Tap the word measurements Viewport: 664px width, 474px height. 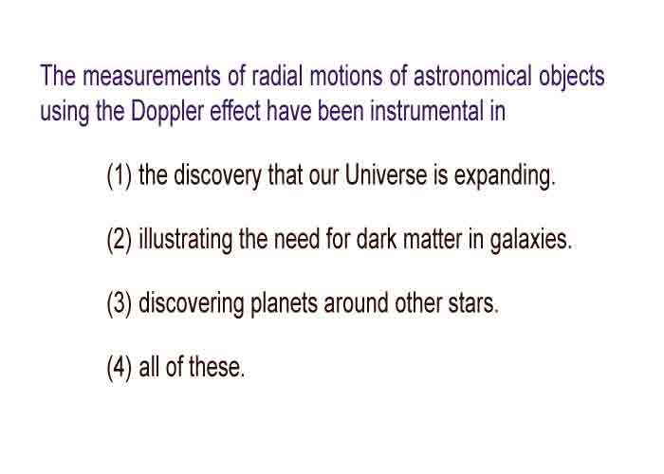tap(152, 76)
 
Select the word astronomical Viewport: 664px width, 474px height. tap(472, 76)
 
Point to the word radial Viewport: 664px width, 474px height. tap(277, 76)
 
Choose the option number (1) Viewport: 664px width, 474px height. tap(120, 175)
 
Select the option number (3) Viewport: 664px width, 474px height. tap(120, 303)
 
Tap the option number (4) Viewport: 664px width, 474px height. tap(120, 367)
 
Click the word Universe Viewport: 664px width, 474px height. tap(386, 174)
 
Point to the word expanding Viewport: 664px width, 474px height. tap(505, 176)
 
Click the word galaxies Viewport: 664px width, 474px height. tap(530, 240)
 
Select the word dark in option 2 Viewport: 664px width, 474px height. tap(377, 239)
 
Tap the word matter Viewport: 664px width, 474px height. tap(433, 239)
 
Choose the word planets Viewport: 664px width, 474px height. tap(285, 304)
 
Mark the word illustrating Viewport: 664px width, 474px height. tap(186, 240)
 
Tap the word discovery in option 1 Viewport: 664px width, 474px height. tap(217, 176)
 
